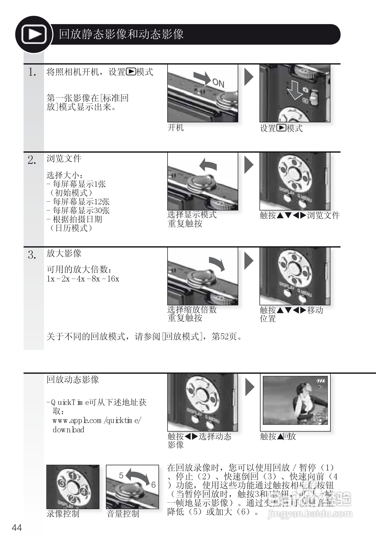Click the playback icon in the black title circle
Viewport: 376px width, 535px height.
point(34,34)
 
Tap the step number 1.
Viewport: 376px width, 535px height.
point(32,72)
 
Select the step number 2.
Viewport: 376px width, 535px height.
point(32,160)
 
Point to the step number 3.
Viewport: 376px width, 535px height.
point(32,255)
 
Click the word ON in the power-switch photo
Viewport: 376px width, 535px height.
point(218,83)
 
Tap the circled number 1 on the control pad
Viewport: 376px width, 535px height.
point(73,476)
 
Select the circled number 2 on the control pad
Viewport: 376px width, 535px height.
point(72,499)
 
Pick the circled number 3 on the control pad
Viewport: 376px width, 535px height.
point(62,483)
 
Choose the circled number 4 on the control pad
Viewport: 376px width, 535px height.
point(83,491)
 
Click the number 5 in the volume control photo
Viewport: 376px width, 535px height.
point(121,475)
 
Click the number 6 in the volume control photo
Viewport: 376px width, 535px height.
point(154,485)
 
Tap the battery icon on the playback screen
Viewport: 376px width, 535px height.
point(321,381)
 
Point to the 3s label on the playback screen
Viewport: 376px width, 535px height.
point(321,387)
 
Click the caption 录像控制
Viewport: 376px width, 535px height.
point(63,513)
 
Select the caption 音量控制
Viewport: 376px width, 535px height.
point(123,513)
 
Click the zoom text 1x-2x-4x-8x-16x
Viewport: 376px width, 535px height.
point(83,279)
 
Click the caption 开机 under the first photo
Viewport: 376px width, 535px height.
point(176,128)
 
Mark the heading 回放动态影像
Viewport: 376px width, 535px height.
point(73,380)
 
